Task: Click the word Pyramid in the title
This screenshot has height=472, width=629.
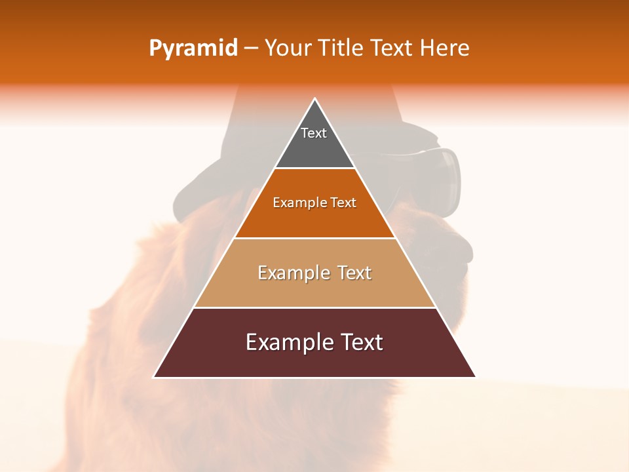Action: pyautogui.click(x=193, y=49)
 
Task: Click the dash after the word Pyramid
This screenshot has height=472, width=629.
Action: pyautogui.click(x=250, y=49)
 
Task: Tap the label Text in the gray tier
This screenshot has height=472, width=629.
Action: pyautogui.click(x=314, y=133)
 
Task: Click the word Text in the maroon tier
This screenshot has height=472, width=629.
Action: pyautogui.click(x=361, y=342)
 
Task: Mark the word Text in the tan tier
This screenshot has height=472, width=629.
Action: pyautogui.click(x=354, y=273)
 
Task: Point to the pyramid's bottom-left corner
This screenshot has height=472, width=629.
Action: pyautogui.click(x=155, y=377)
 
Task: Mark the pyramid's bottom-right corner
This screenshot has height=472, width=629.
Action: pyautogui.click(x=475, y=377)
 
